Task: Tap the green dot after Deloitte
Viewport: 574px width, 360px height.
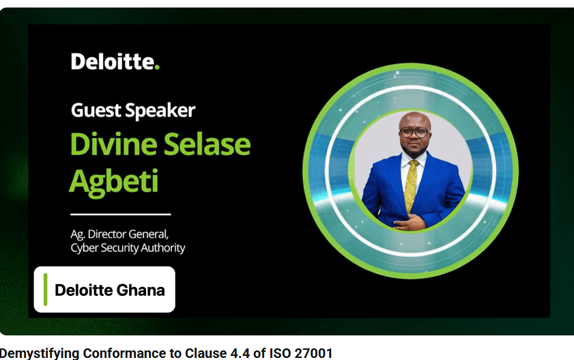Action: [x=157, y=67]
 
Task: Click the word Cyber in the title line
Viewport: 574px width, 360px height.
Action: [x=84, y=248]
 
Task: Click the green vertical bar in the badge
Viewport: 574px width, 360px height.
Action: [x=45, y=289]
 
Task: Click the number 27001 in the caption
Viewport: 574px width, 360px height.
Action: [x=310, y=353]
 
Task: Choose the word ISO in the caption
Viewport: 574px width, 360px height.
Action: [x=278, y=353]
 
